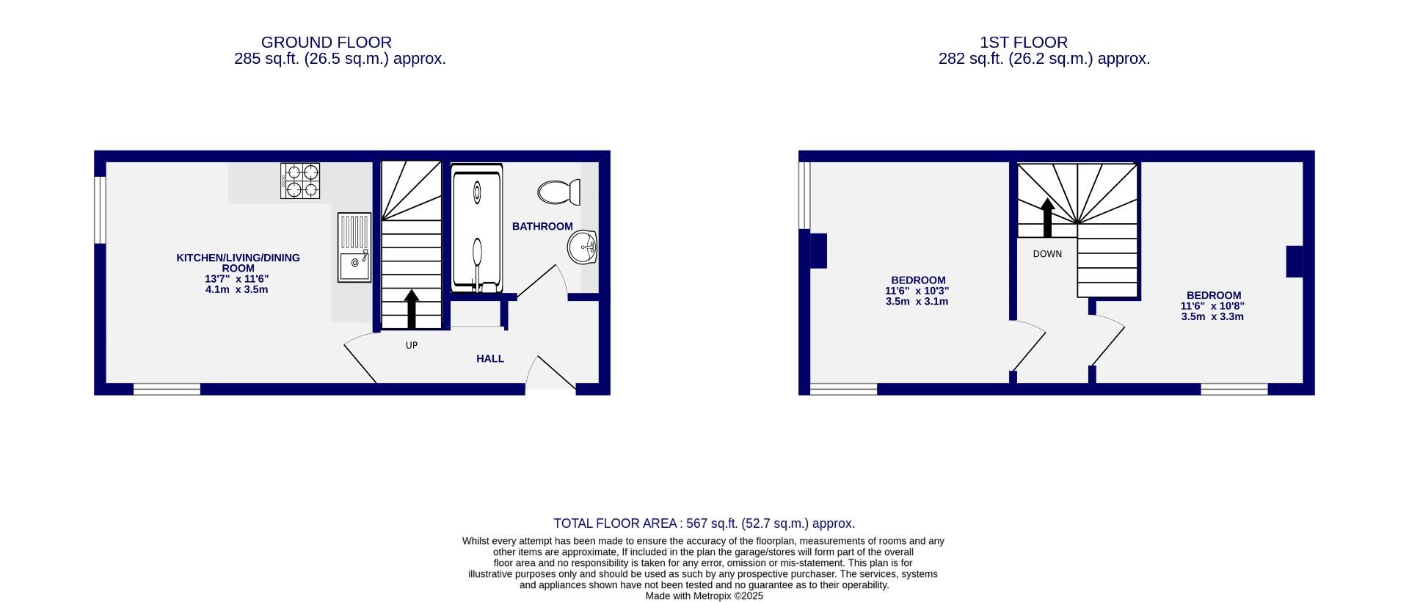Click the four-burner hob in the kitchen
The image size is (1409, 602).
pos(300,181)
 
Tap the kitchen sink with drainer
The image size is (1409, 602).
pos(354,247)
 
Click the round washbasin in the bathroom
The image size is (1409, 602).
pos(583,247)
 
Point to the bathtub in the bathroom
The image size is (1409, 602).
pos(477,229)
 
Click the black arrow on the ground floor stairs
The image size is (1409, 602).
pos(412,308)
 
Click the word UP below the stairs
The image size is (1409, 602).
pos(412,345)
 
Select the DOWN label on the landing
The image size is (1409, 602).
pos(1047,254)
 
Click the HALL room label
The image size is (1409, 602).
pos(490,359)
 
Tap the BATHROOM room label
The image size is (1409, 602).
pos(542,226)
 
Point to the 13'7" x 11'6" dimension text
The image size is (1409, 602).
pos(237,279)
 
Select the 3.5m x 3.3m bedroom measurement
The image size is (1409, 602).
pos(1212,317)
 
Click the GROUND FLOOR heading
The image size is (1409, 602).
pos(326,43)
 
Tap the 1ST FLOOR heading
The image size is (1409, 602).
pos(1044,43)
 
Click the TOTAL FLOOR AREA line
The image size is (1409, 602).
pos(704,523)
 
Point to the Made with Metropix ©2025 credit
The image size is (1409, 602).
pos(704,596)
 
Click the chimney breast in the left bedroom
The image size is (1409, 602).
pos(818,250)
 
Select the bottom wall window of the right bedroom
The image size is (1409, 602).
pos(1234,389)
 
